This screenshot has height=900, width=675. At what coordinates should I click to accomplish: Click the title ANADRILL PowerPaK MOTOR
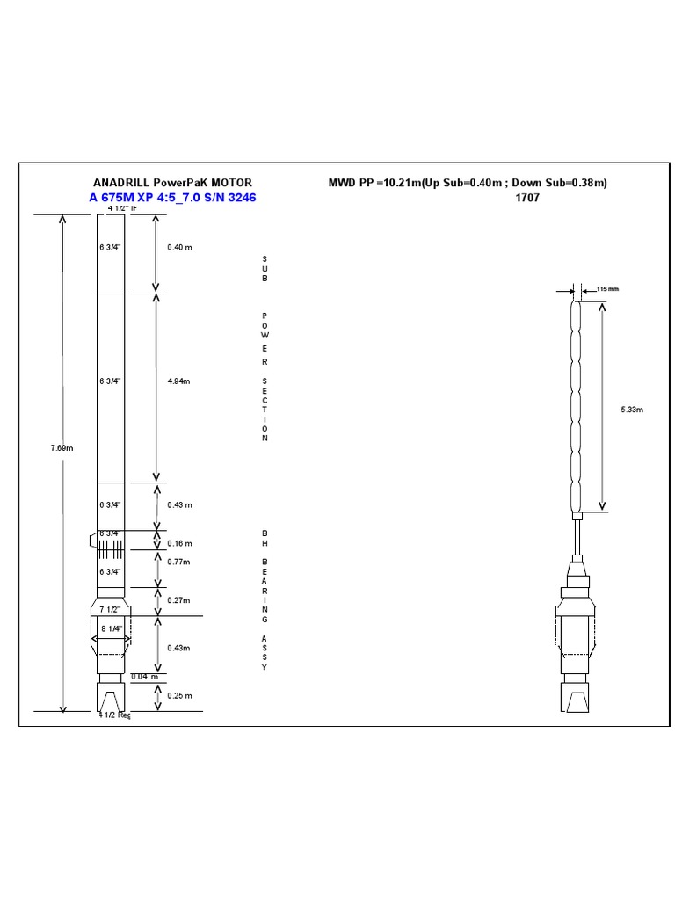click(172, 183)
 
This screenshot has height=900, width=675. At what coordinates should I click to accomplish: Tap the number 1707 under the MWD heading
click(527, 198)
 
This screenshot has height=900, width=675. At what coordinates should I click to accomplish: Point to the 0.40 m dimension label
click(179, 248)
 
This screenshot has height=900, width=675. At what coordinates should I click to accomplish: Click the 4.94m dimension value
click(178, 381)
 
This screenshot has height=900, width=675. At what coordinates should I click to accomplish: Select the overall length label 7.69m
click(62, 448)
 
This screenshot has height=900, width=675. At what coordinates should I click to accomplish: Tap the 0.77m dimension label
click(178, 561)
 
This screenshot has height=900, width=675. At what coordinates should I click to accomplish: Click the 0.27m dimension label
click(178, 600)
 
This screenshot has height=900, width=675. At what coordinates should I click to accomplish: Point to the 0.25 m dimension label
click(179, 695)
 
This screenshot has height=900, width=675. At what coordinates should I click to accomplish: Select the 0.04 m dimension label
click(144, 677)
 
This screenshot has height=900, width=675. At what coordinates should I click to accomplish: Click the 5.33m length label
click(633, 410)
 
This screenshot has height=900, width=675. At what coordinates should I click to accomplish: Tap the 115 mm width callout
click(607, 288)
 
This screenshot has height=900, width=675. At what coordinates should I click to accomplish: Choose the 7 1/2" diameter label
click(111, 609)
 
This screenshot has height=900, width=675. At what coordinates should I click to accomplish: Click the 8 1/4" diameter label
click(111, 629)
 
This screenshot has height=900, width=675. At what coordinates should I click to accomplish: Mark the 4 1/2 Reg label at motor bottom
click(114, 715)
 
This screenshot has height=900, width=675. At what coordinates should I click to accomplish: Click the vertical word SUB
click(264, 268)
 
